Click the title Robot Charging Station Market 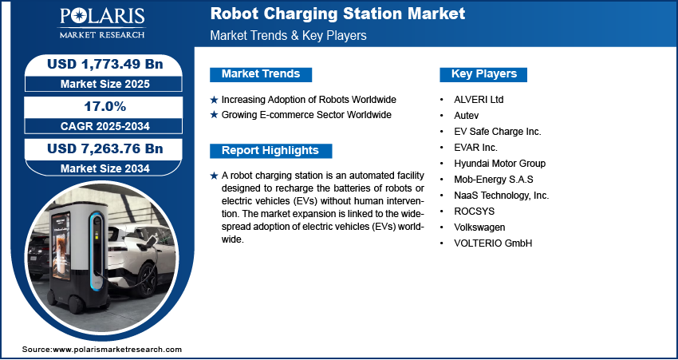coord(337,14)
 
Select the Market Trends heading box coord(261,74)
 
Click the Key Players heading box coord(483,74)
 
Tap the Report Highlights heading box coord(270,151)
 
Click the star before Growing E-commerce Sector coord(214,115)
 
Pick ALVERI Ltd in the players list coord(479,100)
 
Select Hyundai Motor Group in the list coord(499,164)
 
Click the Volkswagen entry coord(479,227)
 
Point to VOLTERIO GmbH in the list coord(492,243)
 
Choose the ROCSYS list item coord(473,212)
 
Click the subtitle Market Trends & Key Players coord(288,36)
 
